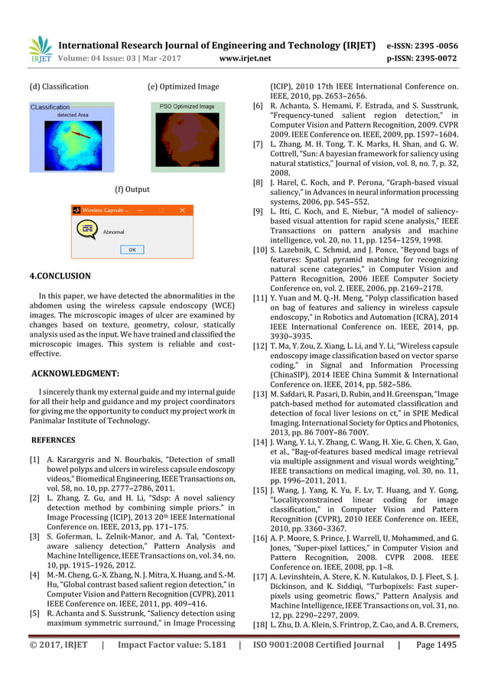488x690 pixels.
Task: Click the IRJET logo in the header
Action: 39,49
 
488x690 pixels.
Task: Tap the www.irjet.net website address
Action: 245,57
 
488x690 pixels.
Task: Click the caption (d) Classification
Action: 58,86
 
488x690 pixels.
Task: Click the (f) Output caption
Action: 132,189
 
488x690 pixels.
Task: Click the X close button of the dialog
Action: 182,210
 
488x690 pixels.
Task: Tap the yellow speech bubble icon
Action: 86,229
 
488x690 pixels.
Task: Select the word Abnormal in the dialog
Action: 113,230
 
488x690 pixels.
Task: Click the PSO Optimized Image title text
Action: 187,106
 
